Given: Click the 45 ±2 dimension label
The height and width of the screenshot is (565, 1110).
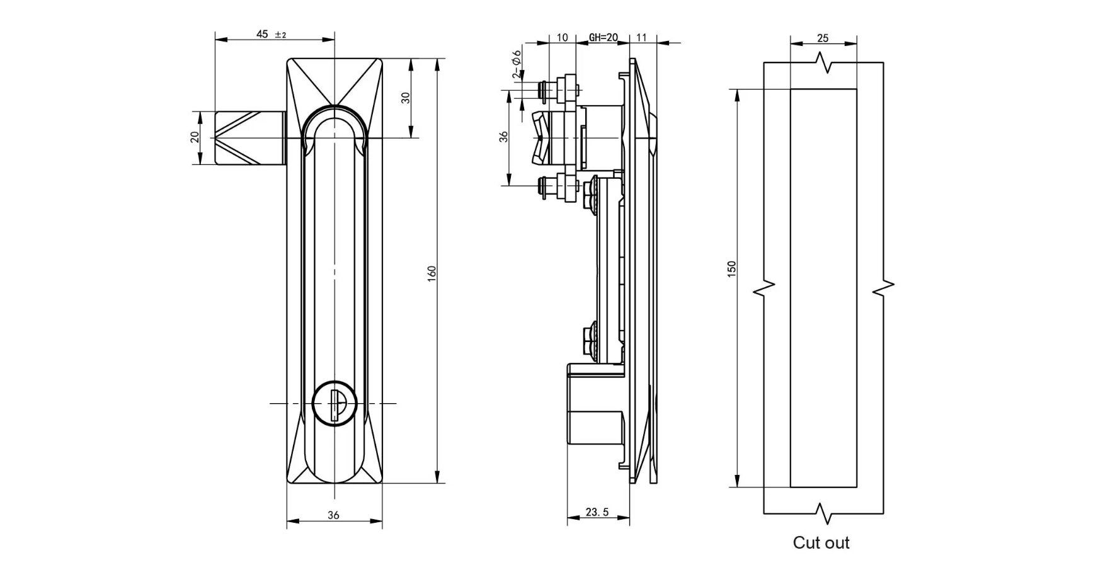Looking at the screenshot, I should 271,34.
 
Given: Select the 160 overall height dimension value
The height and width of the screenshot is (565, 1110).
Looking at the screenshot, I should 432,273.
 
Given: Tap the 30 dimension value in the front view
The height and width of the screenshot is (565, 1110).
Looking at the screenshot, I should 406,98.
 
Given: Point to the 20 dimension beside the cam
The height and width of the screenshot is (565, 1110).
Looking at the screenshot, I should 195,137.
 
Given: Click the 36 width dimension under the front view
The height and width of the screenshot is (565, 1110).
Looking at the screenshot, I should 333,515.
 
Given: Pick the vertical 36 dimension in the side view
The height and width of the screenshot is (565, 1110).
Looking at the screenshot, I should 503,137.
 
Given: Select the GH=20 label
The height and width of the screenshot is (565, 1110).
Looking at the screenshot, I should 603,38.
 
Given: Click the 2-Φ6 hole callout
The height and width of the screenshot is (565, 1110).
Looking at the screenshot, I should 517,64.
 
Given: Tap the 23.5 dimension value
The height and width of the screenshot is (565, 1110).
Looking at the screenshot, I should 597,513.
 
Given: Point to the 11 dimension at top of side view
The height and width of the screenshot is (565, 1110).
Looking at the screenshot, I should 641,38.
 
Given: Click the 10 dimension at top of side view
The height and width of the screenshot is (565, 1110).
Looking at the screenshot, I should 562,38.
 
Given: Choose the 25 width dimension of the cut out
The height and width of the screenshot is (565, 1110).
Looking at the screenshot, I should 823,38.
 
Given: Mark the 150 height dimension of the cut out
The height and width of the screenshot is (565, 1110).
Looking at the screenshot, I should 731,270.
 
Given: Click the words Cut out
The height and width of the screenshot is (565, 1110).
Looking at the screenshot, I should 821,542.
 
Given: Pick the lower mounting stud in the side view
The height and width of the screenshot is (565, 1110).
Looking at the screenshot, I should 558,187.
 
